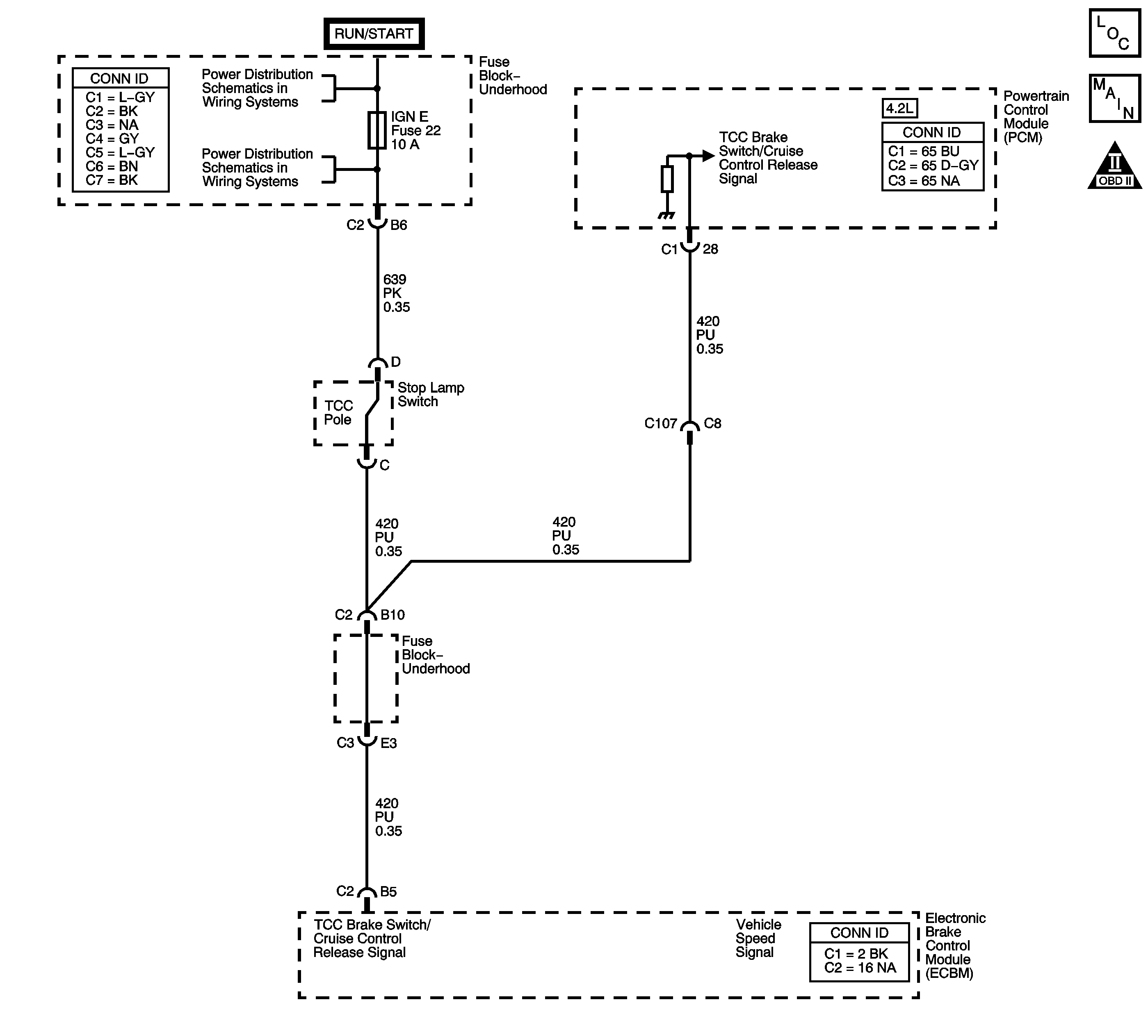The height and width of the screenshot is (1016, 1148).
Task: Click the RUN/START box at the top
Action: click(374, 34)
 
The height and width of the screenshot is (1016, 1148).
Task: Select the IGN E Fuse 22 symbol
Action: click(377, 130)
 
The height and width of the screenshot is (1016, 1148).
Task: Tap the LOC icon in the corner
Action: click(1114, 32)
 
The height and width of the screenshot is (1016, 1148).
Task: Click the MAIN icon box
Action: click(1114, 98)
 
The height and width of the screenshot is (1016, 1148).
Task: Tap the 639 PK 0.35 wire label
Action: click(396, 293)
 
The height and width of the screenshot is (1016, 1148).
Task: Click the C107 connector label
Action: click(660, 424)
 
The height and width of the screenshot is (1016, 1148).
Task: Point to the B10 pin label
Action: click(392, 615)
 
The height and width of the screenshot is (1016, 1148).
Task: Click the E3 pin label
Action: click(389, 743)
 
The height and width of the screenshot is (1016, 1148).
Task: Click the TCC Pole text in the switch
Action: click(338, 413)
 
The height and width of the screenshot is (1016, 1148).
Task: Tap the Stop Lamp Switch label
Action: click(430, 395)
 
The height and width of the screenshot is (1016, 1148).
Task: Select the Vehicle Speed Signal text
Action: click(758, 938)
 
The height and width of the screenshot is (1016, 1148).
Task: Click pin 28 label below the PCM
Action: click(710, 249)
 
